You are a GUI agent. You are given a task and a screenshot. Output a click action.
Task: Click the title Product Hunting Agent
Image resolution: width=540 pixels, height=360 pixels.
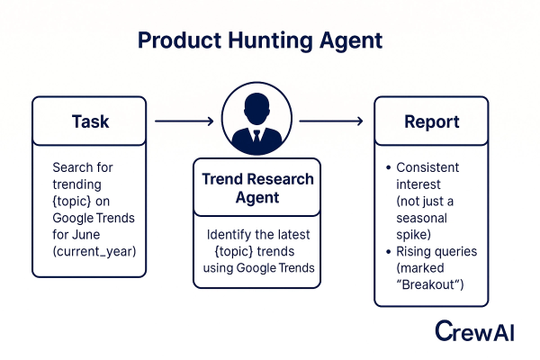[261, 40]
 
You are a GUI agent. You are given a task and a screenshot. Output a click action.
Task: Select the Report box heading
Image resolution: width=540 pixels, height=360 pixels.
[431, 121]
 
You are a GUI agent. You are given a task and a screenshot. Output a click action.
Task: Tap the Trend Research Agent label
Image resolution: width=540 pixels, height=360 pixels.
[256, 188]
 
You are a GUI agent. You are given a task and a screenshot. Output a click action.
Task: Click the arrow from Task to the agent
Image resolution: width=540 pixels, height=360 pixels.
[184, 120]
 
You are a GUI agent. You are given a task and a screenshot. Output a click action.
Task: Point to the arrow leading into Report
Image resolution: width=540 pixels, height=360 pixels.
[331, 120]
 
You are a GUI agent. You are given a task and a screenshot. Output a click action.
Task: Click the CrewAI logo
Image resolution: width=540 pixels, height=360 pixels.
[473, 330]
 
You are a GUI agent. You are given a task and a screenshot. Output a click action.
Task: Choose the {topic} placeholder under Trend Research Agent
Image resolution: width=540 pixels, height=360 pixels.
[232, 251]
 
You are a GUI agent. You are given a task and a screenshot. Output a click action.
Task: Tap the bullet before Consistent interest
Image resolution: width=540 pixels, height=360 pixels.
[387, 168]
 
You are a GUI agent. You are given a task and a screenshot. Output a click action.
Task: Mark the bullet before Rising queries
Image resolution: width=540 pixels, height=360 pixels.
[387, 252]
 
